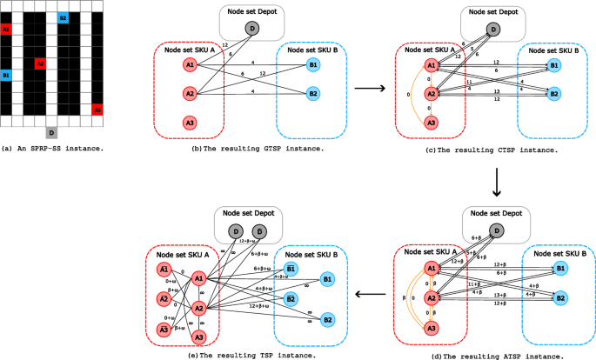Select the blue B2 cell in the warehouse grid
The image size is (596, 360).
[63, 18]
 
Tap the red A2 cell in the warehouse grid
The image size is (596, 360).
[40, 63]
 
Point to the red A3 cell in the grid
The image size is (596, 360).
[97, 110]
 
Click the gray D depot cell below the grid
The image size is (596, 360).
[51, 131]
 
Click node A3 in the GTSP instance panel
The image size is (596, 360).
[190, 123]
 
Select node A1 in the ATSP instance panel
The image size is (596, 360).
[429, 268]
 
